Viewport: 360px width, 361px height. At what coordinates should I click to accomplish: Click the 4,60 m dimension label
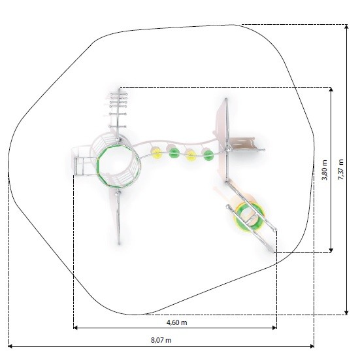point(176,322)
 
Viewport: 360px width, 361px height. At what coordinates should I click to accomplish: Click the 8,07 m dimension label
point(161,340)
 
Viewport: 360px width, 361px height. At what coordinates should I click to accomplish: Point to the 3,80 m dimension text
point(324,170)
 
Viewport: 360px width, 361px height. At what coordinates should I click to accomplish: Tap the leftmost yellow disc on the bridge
point(156,154)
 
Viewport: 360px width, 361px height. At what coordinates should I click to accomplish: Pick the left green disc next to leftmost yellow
point(174,152)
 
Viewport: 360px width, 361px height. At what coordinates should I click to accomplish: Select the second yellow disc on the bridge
point(191,155)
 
